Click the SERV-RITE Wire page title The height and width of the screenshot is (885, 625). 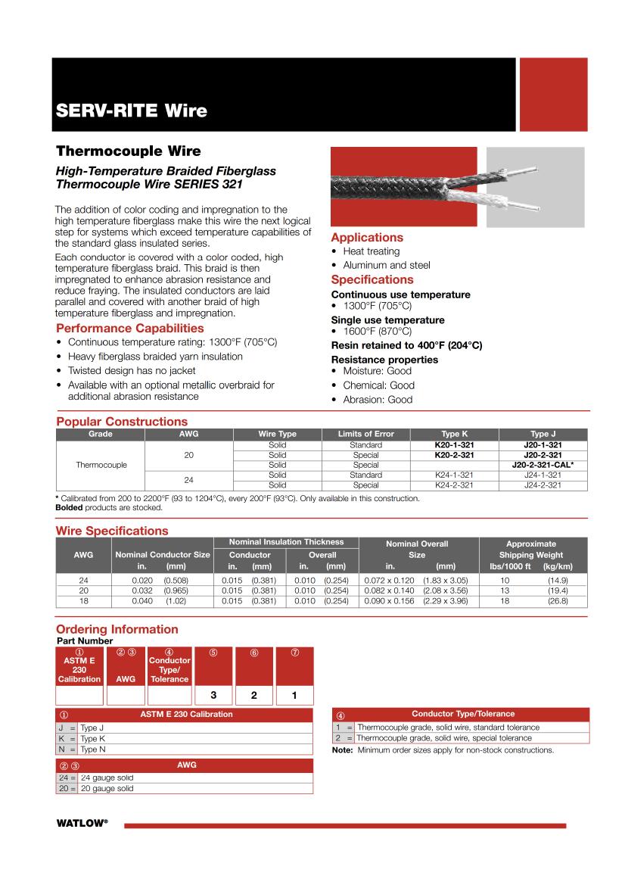pyautogui.click(x=131, y=111)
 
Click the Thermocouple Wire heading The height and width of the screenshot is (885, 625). pyautogui.click(x=128, y=151)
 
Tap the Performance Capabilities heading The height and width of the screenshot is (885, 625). pyautogui.click(x=129, y=328)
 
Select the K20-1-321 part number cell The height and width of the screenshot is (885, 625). pyautogui.click(x=454, y=445)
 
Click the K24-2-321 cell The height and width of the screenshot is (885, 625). pyautogui.click(x=454, y=485)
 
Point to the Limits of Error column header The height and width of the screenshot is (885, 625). pyautogui.click(x=365, y=434)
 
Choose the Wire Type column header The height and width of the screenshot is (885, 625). pyautogui.click(x=277, y=434)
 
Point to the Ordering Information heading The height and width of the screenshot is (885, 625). pyautogui.click(x=117, y=629)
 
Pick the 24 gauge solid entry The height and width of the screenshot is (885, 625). pyautogui.click(x=107, y=777)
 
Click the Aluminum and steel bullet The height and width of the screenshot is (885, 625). pyautogui.click(x=386, y=265)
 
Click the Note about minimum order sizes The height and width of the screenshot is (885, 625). pyautogui.click(x=443, y=750)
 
